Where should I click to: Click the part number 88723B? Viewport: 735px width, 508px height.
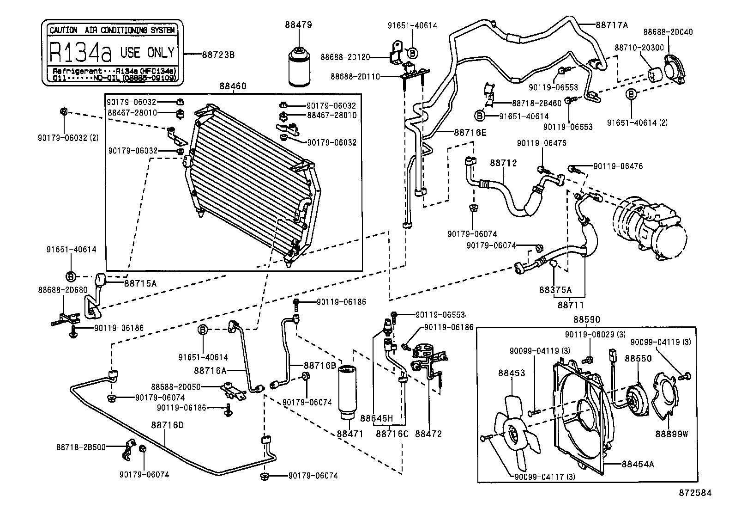click(x=218, y=55)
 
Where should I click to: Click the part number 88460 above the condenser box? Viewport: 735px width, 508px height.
click(x=233, y=86)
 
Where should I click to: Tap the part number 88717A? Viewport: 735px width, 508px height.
click(x=611, y=25)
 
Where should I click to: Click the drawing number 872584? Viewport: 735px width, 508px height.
click(x=695, y=493)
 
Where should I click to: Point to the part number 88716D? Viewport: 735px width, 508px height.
click(x=167, y=425)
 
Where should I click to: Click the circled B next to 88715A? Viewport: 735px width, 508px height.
click(x=71, y=276)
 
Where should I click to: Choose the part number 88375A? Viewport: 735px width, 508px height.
click(x=555, y=290)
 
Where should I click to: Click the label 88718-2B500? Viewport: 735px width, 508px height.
click(x=81, y=447)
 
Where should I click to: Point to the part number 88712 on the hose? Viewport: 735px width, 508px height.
click(x=503, y=163)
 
